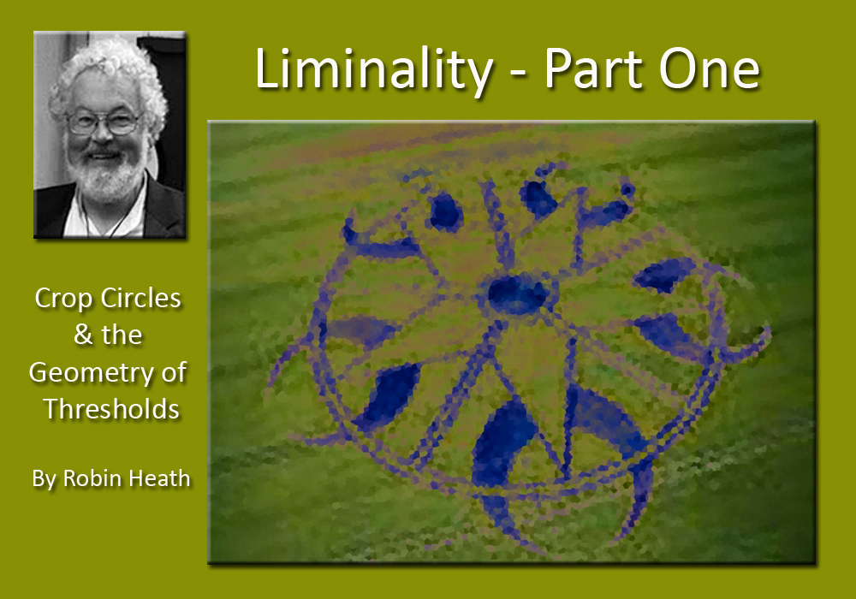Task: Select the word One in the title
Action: coord(710,70)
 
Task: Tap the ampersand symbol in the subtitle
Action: coord(84,335)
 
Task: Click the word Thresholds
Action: coord(111,409)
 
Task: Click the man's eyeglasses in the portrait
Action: coord(104,122)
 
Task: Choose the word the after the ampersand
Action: coord(121,335)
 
